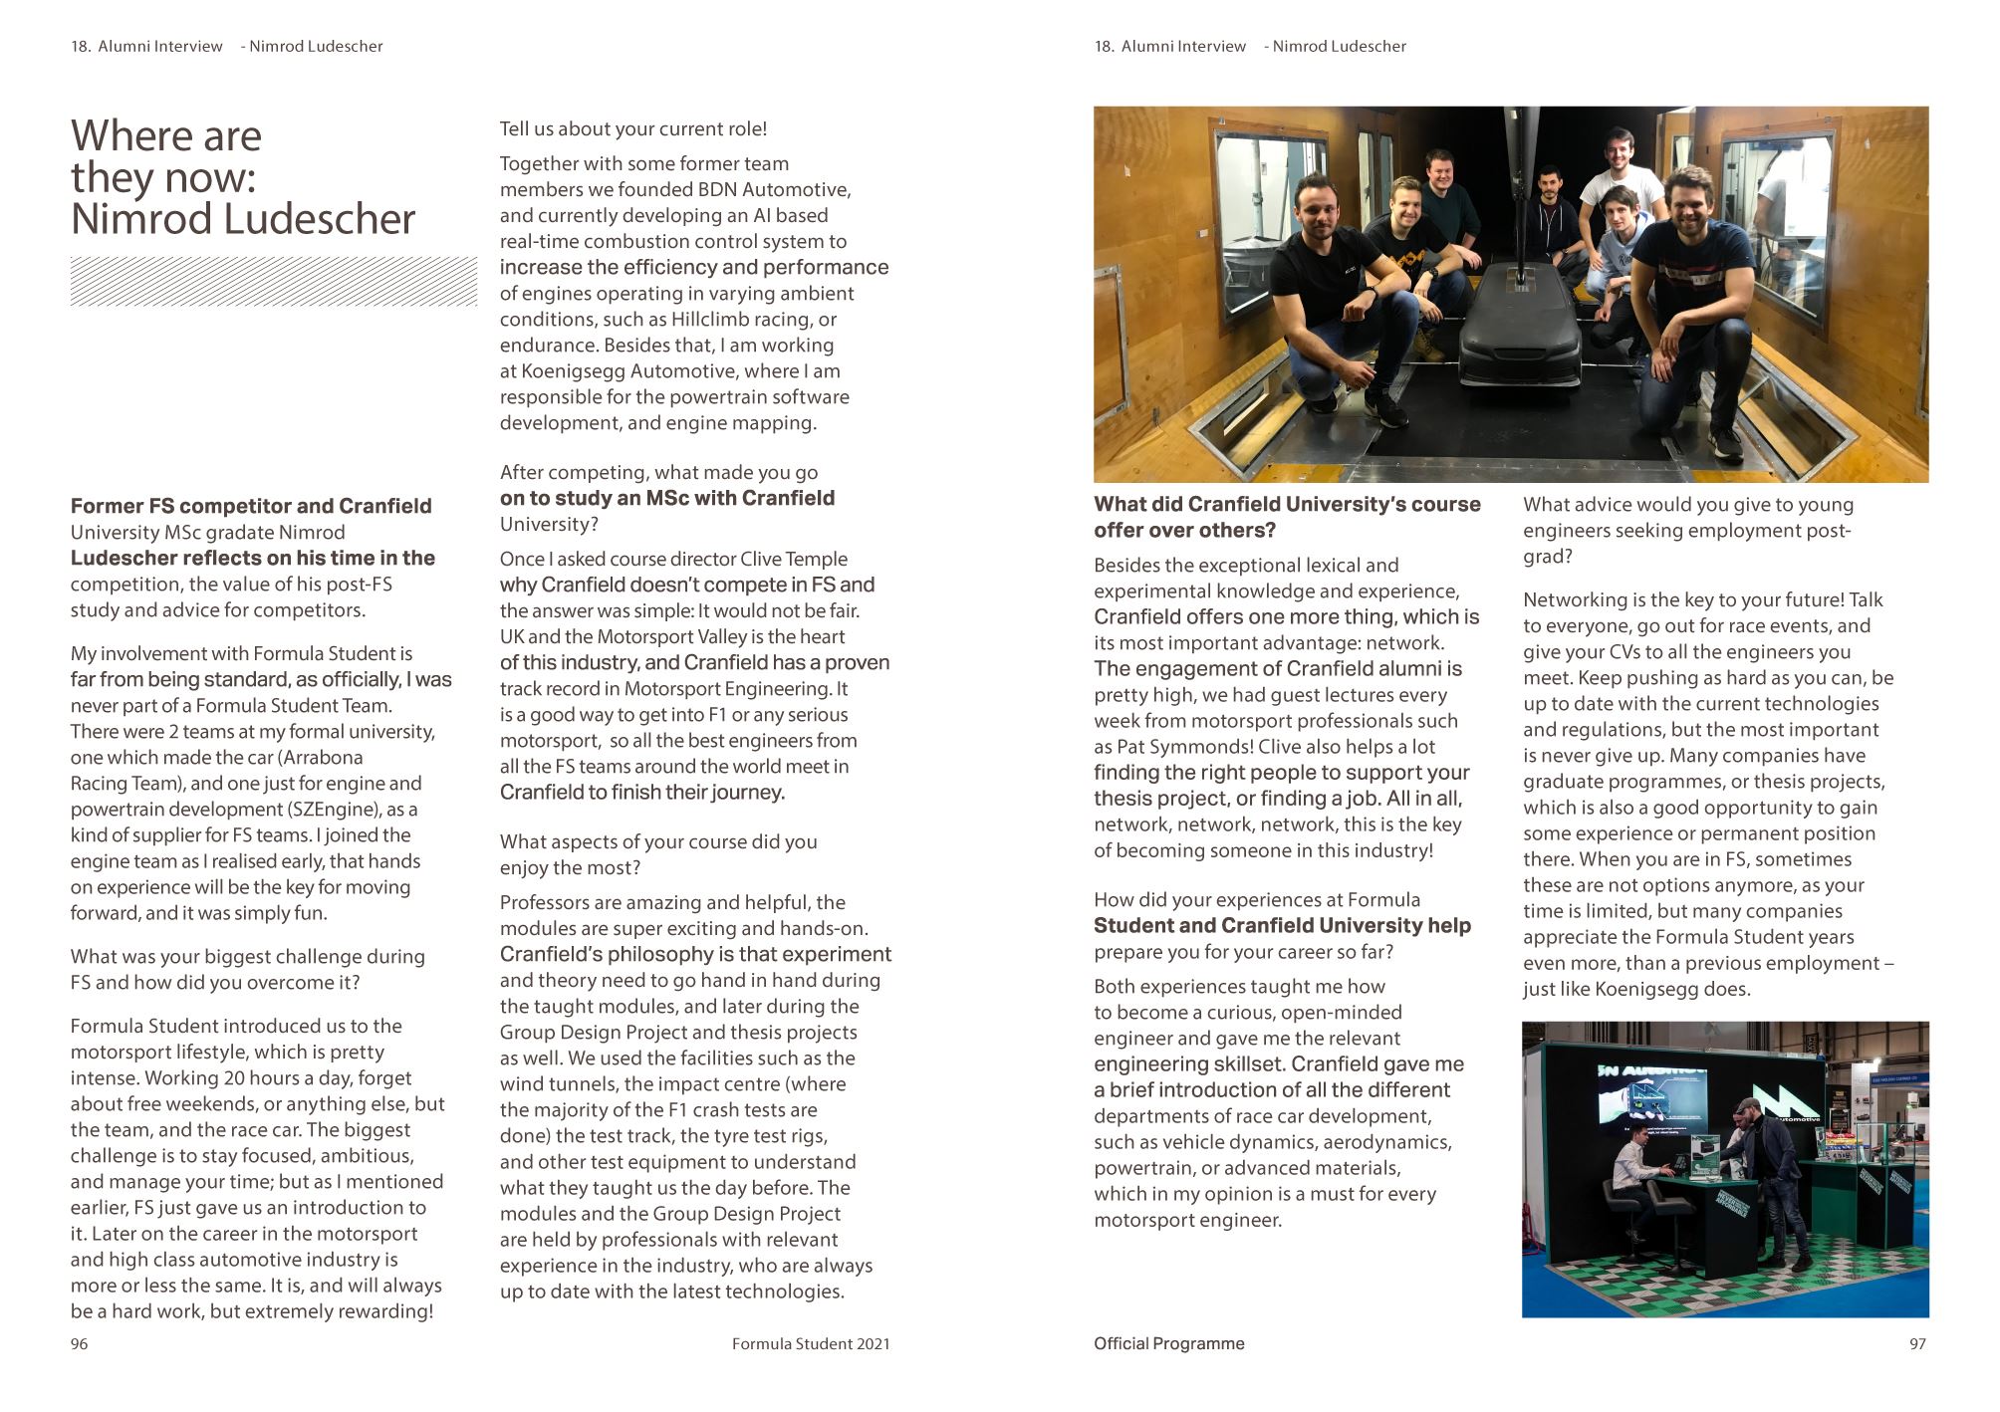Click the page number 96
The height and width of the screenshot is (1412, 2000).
click(79, 1344)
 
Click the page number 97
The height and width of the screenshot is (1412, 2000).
click(1917, 1344)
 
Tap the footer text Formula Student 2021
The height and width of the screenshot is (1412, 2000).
click(811, 1344)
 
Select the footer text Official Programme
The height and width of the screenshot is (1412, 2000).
click(1168, 1344)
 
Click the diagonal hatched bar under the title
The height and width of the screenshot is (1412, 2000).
click(273, 281)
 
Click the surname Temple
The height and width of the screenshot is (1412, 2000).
click(816, 559)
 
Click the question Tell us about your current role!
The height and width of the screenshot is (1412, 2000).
click(632, 128)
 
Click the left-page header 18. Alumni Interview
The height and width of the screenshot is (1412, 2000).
click(147, 46)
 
